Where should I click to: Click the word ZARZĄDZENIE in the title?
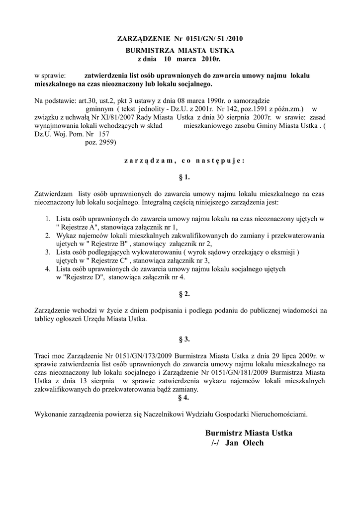(x=142, y=38)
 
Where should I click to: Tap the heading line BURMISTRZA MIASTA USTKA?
(x=180, y=51)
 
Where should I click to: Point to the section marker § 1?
(x=183, y=177)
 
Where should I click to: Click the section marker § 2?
(x=183, y=294)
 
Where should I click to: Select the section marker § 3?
(x=183, y=339)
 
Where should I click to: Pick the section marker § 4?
(x=183, y=398)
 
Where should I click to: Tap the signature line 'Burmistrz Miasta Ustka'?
(x=249, y=433)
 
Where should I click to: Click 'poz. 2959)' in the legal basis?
(x=101, y=143)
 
